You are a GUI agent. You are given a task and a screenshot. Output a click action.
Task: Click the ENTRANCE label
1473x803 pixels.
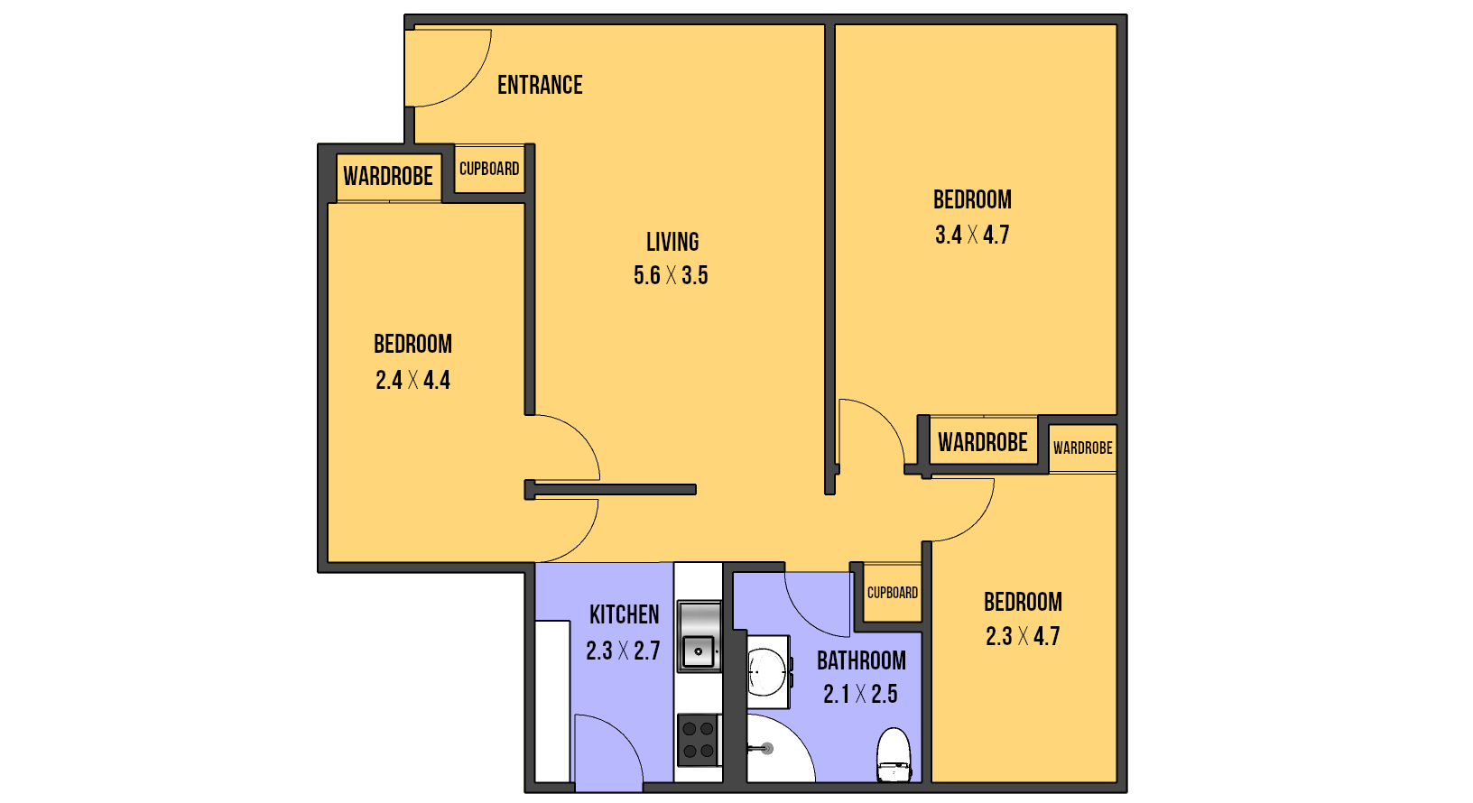click(540, 85)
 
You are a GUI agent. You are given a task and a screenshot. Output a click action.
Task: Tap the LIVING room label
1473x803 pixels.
click(672, 242)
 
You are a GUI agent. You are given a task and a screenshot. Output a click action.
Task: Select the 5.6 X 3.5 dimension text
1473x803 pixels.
click(671, 275)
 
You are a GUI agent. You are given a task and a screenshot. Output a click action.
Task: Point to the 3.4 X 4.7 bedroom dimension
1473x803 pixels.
click(972, 235)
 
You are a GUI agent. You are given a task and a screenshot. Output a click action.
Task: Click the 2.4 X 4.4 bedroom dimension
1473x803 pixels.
click(413, 380)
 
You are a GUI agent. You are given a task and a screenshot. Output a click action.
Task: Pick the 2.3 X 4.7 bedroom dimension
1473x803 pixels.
click(1023, 636)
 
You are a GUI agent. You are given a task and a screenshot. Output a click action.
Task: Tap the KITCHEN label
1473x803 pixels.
click(624, 614)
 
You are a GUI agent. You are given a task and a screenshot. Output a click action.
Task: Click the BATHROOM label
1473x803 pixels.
click(861, 660)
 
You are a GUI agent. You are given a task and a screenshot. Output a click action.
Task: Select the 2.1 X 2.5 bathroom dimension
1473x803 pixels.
click(860, 694)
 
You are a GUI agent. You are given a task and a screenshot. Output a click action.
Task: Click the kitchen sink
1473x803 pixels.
click(699, 636)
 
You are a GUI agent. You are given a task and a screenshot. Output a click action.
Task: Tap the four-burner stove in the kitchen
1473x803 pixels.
click(699, 740)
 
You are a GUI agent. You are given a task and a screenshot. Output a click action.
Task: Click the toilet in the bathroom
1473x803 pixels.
click(894, 754)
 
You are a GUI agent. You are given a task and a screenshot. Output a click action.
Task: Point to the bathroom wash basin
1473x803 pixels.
click(769, 671)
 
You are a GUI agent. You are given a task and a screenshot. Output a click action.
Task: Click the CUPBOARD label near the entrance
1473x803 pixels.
click(489, 169)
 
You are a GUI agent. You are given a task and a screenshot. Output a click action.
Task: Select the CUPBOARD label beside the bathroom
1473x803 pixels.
click(893, 593)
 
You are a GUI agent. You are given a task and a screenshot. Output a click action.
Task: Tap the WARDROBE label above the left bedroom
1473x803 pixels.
click(388, 176)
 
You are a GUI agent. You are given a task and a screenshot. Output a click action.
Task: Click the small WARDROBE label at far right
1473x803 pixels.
click(1083, 448)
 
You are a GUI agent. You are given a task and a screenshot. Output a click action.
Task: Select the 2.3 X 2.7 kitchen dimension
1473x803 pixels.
click(623, 651)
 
